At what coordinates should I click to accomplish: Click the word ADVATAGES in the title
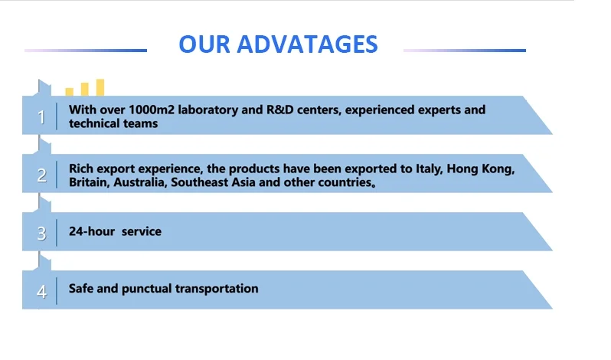307,44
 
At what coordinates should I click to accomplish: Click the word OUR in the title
204,44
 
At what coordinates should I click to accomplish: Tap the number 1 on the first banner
41,117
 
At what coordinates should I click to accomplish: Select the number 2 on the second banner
41,175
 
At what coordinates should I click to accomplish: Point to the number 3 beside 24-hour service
41,234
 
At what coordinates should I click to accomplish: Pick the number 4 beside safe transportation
41,292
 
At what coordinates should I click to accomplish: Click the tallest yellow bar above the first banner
100,87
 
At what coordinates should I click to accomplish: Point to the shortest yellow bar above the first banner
70,92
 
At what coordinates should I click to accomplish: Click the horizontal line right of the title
464,51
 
